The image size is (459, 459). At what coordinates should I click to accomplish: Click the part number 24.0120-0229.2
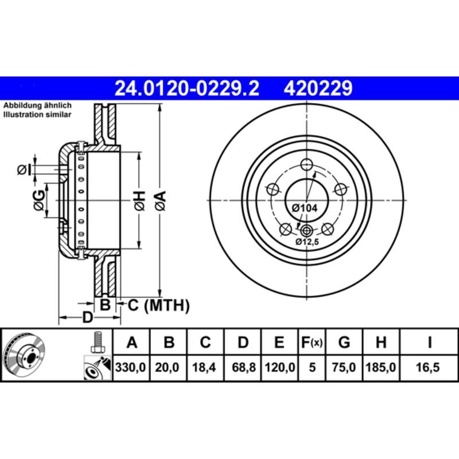(x=187, y=88)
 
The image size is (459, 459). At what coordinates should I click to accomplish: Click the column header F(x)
(x=312, y=343)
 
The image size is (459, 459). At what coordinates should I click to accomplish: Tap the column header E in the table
(x=279, y=343)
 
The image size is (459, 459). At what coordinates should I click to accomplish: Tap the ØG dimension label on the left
(x=38, y=201)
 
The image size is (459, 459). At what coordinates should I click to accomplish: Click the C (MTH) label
(x=158, y=306)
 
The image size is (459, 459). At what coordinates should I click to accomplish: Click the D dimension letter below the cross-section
(x=87, y=317)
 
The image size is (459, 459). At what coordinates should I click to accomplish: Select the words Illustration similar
(x=37, y=115)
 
